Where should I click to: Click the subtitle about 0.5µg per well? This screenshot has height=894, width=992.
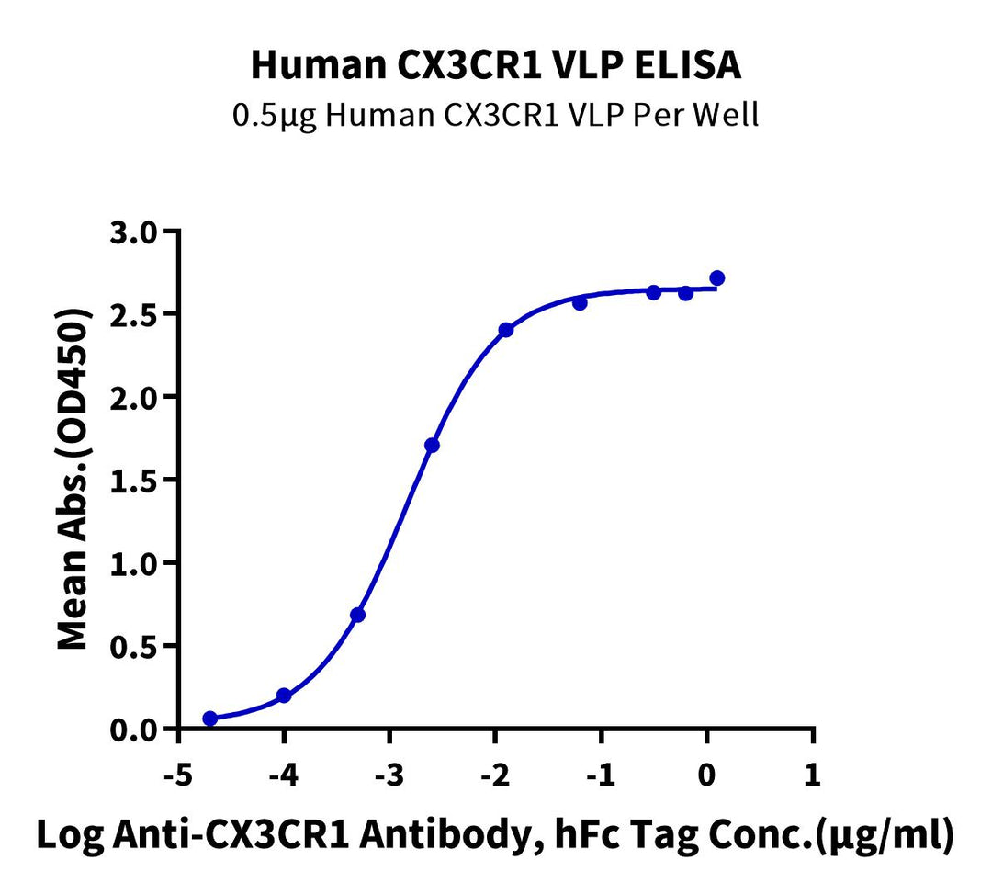click(496, 117)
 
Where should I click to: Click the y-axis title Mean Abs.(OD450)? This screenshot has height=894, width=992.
click(74, 481)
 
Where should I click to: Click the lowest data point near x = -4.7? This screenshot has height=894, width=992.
click(210, 719)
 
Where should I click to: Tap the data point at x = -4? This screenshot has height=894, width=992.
click(284, 696)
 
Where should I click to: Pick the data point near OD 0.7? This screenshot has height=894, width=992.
click(358, 615)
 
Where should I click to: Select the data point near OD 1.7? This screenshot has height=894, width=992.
click(432, 446)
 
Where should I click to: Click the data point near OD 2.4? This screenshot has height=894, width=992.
click(506, 330)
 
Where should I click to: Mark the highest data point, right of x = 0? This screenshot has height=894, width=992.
click(717, 277)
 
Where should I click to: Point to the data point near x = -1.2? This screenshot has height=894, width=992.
click(580, 302)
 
